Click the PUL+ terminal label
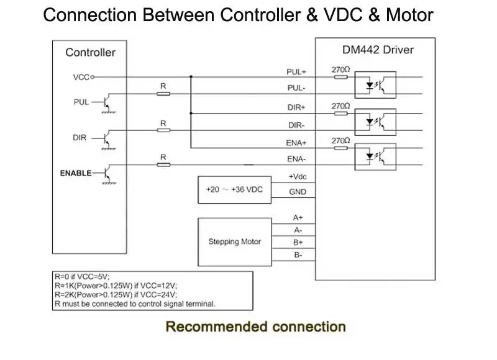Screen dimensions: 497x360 (x=296, y=72)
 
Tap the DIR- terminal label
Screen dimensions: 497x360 (x=296, y=125)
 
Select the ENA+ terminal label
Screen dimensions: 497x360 (x=296, y=143)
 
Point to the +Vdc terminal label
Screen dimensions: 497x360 (x=298, y=177)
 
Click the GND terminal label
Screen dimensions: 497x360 (x=298, y=192)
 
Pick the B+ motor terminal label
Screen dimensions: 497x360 (x=298, y=243)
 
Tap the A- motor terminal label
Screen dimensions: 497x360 (x=298, y=230)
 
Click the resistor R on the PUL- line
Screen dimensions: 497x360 (x=163, y=94)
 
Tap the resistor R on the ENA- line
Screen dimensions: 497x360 (x=163, y=164)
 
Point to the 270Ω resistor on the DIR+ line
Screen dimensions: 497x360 (x=340, y=114)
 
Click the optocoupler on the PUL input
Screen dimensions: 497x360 (x=375, y=85)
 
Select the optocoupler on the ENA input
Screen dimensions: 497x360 (x=375, y=157)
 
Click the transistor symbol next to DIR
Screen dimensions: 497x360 (x=107, y=139)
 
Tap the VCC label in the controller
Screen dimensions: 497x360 (x=81, y=77)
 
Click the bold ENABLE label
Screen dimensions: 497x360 (x=76, y=173)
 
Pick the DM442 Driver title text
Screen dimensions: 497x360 (x=378, y=50)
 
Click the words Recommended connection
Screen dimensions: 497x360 (x=255, y=326)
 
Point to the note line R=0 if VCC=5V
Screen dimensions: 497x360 (x=82, y=276)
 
